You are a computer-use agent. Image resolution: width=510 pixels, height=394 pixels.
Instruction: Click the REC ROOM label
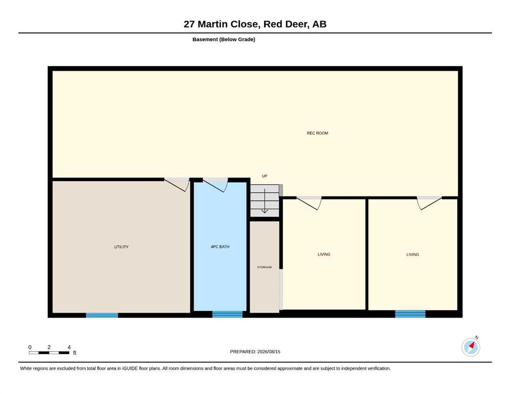point(317,133)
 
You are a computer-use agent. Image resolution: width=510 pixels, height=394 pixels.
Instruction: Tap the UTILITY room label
point(121,247)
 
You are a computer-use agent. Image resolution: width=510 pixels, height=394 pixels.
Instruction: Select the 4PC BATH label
point(220,247)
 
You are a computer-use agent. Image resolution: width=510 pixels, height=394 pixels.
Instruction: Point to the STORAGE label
point(265,267)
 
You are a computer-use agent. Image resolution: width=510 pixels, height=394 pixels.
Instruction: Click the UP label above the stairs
point(265,176)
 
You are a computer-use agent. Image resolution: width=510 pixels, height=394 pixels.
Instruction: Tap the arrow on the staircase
point(265,201)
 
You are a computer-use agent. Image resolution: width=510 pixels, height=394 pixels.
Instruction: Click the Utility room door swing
point(177,185)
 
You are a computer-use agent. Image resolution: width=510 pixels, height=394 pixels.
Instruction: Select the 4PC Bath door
point(215,185)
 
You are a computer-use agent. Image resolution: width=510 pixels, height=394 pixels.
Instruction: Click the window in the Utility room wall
point(102,315)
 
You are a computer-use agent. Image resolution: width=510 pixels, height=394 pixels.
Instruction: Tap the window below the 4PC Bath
point(228,314)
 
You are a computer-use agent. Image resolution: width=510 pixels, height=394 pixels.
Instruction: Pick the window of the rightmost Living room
point(410,314)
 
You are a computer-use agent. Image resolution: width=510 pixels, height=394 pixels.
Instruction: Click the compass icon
point(471,347)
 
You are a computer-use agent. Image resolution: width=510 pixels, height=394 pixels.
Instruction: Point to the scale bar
point(49,352)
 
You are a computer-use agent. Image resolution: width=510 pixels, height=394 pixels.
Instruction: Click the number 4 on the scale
point(69,347)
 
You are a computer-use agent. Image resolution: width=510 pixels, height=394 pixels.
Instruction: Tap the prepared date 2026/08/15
point(269,351)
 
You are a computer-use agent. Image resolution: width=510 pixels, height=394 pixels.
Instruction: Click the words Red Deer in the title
point(285,24)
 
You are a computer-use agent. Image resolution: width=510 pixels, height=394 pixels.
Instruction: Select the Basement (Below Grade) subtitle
point(224,40)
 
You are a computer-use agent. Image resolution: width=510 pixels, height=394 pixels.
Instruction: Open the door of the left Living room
point(309,203)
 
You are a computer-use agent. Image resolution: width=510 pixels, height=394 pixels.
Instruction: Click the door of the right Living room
point(429,203)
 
